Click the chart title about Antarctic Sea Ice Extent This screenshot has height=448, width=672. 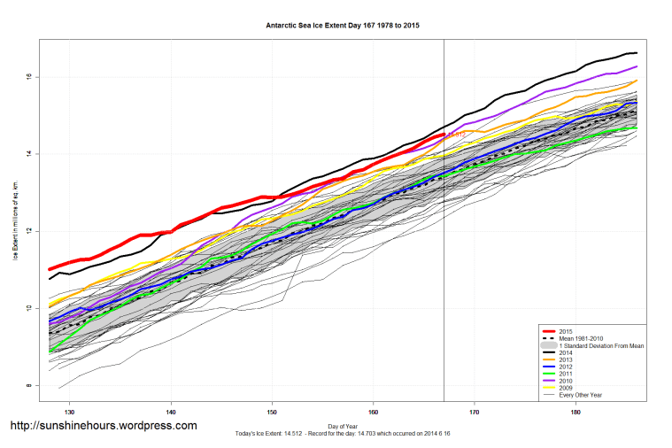pos(343,26)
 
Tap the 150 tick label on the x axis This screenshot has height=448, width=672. pos(273,412)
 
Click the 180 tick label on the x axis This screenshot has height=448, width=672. pos(576,412)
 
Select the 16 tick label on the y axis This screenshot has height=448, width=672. pos(29,77)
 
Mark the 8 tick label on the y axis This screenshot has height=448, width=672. pos(29,386)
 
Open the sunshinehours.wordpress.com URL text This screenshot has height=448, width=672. pos(103,426)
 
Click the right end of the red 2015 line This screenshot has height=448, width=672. pos(444,134)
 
